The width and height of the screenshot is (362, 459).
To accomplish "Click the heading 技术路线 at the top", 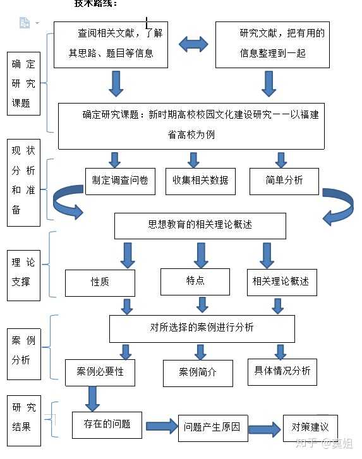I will pos(95,4).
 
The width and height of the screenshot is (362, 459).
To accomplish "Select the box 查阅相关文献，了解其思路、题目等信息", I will pos(111,44).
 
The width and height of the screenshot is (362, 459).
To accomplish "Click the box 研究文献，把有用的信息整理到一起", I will pos(272,44).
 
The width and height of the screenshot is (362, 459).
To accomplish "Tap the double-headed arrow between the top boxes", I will pos(193,44).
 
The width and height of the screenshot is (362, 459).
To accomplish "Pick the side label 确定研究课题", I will pos(25,83).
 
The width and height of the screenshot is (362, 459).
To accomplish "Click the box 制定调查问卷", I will pos(120,181).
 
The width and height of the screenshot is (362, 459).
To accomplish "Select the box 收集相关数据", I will pos(200,181).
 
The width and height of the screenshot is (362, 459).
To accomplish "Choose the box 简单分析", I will pos(284,181).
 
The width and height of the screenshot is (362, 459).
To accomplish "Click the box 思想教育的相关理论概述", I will pos(200,225).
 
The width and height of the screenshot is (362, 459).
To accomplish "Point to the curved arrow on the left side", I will pos(66,201).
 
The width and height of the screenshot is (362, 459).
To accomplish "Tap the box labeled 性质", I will pos(100,282).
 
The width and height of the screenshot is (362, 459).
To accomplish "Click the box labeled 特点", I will pos(195,281).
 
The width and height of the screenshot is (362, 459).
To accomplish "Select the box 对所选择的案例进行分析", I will pos(202,328).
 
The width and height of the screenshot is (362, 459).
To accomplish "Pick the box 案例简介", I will pos(198,373).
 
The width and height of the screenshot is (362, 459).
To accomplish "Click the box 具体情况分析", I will pos(282,371).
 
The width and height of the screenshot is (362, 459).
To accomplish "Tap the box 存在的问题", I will pos(107,425).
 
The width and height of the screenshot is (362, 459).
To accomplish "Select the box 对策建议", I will pos(310,427).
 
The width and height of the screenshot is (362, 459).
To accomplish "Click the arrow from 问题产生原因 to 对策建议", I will pos(265,429).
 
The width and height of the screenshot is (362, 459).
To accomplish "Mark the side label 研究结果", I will pos(25,417).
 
